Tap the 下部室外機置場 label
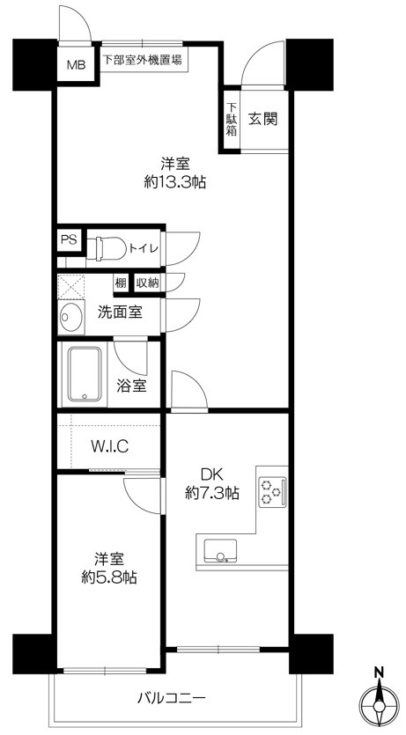point(142,61)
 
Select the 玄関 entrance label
point(262,119)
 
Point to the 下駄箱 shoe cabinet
point(231,119)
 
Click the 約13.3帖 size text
point(176,183)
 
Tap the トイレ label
point(144,249)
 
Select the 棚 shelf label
point(120,283)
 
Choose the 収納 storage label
point(147,283)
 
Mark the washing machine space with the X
point(70,287)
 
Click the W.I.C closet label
point(109,446)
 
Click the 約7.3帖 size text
point(211,494)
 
